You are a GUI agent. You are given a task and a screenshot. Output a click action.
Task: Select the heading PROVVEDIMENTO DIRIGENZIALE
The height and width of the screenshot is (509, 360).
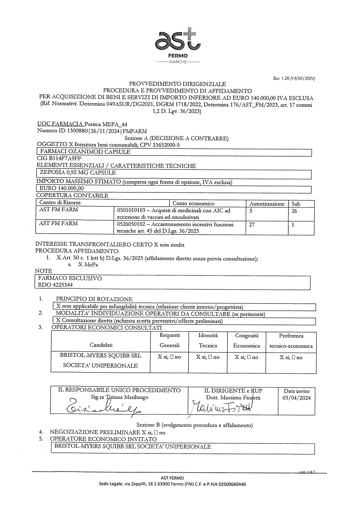(177, 85)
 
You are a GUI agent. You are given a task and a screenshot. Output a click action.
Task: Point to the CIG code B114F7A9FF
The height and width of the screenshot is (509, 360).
(59, 158)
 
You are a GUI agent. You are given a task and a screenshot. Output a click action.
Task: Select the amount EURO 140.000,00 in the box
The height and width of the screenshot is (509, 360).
(62, 188)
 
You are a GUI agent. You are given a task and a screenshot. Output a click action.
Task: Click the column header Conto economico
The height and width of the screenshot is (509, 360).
(194, 204)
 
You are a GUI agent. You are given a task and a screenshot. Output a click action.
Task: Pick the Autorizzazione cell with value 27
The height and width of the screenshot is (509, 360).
(252, 225)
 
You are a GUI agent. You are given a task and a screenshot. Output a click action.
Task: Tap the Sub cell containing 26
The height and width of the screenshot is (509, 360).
(294, 211)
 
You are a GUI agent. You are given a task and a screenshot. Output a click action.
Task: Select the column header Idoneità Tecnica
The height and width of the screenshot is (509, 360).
(208, 340)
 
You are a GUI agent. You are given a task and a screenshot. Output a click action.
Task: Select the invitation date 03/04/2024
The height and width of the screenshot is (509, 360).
(297, 398)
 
